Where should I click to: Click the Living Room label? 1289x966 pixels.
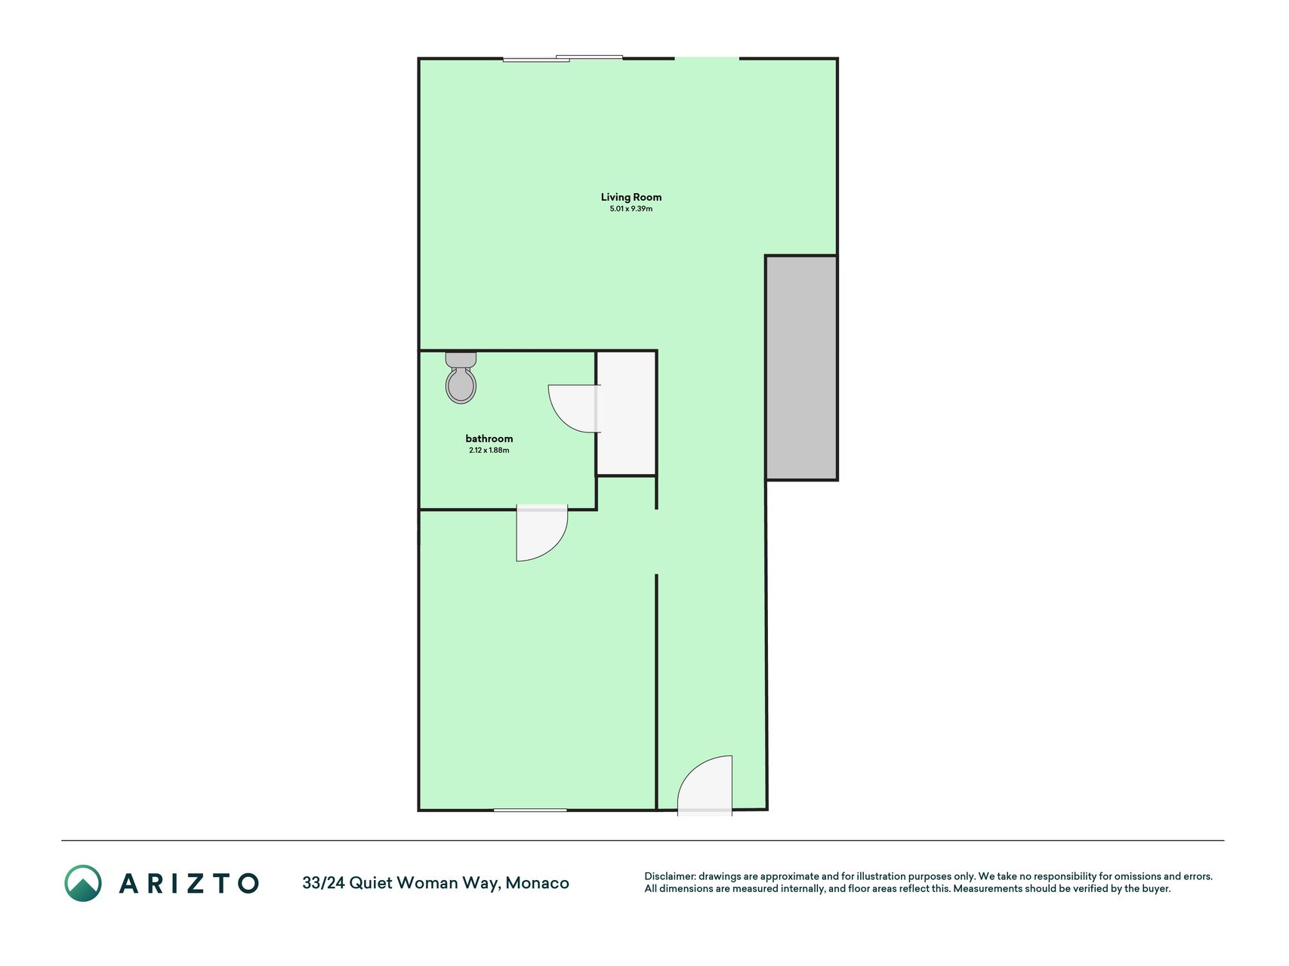click(631, 197)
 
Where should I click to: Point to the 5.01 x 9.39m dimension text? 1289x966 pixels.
click(631, 209)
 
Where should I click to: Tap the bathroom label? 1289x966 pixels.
click(489, 438)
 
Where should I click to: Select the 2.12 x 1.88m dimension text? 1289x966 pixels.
click(489, 451)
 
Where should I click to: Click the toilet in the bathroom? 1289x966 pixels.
click(461, 377)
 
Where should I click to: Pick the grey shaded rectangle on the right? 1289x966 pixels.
click(801, 368)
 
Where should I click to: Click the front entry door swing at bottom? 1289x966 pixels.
click(705, 786)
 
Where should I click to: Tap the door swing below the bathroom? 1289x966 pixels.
click(541, 533)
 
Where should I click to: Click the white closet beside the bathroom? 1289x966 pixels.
click(626, 413)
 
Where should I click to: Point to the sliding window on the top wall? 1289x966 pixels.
click(563, 58)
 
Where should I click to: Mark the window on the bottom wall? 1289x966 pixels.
click(530, 811)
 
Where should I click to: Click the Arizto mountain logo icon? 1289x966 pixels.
click(83, 883)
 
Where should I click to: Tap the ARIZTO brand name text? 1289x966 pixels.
click(189, 883)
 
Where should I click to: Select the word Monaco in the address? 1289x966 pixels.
click(537, 883)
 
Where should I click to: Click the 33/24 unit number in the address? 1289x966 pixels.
click(323, 883)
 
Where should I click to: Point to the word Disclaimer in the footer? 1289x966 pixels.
click(669, 877)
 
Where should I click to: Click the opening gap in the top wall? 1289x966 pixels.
click(707, 58)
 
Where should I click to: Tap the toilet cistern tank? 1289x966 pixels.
click(461, 359)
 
